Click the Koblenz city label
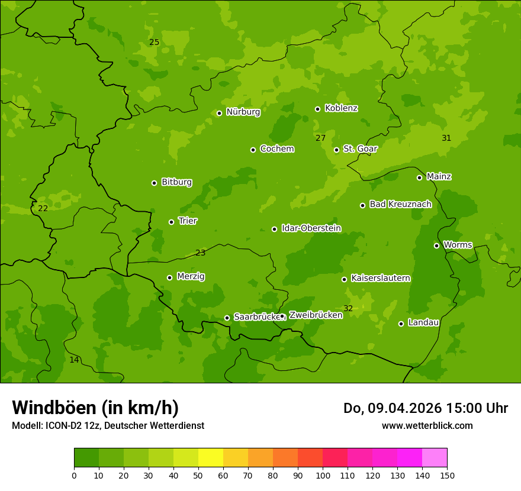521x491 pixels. pyautogui.click(x=341, y=108)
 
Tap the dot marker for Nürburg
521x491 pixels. pyautogui.click(x=219, y=113)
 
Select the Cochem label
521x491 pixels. pyautogui.click(x=276, y=148)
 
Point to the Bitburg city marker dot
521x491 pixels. pyautogui.click(x=154, y=183)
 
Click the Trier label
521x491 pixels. pyautogui.click(x=187, y=221)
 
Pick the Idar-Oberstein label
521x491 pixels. pyautogui.click(x=311, y=228)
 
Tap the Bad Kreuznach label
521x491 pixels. pyautogui.click(x=400, y=204)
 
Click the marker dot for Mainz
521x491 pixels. pyautogui.click(x=419, y=177)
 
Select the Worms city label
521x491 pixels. pyautogui.click(x=457, y=245)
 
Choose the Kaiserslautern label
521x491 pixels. pyautogui.click(x=380, y=278)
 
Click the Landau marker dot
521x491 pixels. pyautogui.click(x=401, y=324)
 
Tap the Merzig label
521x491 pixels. pyautogui.click(x=191, y=276)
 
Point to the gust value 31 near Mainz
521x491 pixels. pyautogui.click(x=446, y=138)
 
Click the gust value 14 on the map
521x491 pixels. pyautogui.click(x=74, y=360)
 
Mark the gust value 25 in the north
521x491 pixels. pyautogui.click(x=154, y=42)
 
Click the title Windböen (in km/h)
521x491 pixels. pyautogui.click(x=95, y=408)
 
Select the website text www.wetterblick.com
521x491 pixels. pyautogui.click(x=427, y=425)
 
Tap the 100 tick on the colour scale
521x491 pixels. pyautogui.click(x=323, y=475)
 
